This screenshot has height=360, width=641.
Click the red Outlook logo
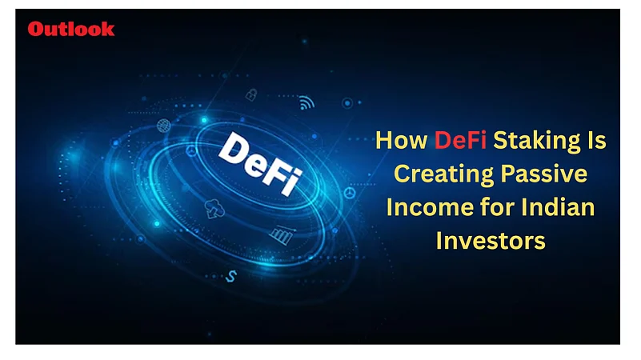[x=71, y=29]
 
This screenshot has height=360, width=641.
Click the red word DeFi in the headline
[x=461, y=141]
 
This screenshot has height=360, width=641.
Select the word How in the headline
[x=403, y=141]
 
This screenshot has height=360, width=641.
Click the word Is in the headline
[x=595, y=141]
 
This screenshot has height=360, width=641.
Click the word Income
[x=421, y=207]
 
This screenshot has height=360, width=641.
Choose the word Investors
[x=491, y=241]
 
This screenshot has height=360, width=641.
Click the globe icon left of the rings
[x=163, y=125]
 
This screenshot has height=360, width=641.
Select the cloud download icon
[x=214, y=209]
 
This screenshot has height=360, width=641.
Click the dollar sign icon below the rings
[x=232, y=275]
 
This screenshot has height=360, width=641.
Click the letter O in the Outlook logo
[x=36, y=29]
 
